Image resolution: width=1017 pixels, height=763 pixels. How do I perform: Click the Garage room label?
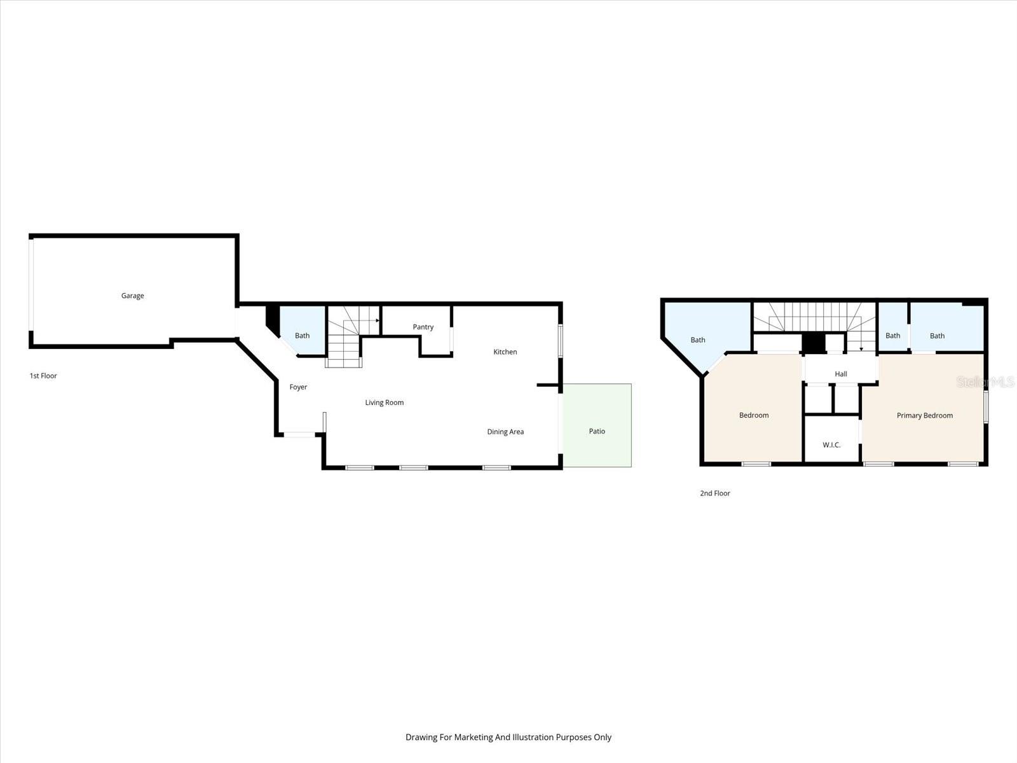(133, 296)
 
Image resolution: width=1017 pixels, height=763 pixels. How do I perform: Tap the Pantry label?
(423, 327)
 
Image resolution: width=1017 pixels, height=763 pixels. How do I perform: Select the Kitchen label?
(505, 352)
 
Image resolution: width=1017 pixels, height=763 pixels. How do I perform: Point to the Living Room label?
(385, 402)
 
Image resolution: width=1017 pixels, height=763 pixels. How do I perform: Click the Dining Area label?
(505, 432)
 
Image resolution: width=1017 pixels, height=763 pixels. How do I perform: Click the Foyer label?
(298, 387)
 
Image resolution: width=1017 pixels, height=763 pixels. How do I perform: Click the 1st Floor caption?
(43, 376)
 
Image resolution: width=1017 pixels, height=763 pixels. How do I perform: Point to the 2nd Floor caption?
(715, 493)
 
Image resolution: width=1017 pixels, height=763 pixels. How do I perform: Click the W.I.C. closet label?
(831, 445)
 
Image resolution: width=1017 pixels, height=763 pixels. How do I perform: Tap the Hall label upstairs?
(841, 374)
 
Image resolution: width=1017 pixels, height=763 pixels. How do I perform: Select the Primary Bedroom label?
(925, 416)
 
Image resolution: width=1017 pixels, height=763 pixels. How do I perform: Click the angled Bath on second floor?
(698, 340)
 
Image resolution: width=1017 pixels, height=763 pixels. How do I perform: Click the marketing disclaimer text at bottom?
(508, 738)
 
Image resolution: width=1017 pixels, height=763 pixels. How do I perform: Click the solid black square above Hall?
(813, 342)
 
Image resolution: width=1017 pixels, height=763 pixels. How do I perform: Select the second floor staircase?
(816, 316)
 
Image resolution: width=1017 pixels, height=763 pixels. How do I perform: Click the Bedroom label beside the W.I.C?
(754, 416)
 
